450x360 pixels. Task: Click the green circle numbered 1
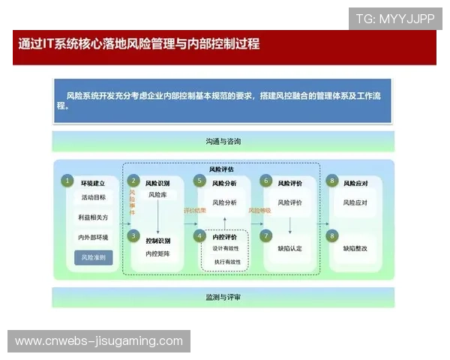pyautogui.click(x=67, y=181)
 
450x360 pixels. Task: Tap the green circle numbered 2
pyautogui.click(x=133, y=181)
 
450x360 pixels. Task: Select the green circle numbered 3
pyautogui.click(x=133, y=235)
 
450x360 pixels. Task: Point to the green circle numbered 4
pyautogui.click(x=199, y=235)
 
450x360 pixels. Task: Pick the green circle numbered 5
pyautogui.click(x=199, y=181)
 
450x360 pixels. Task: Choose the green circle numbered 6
pyautogui.click(x=265, y=181)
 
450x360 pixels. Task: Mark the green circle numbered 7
pyautogui.click(x=265, y=235)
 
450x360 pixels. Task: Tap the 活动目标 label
pyautogui.click(x=94, y=198)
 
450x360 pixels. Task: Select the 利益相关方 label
pyautogui.click(x=94, y=217)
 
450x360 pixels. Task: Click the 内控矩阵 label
pyautogui.click(x=158, y=253)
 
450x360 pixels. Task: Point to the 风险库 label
pyautogui.click(x=157, y=195)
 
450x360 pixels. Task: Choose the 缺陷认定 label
pyautogui.click(x=289, y=248)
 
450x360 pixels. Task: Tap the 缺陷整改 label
pyautogui.click(x=355, y=248)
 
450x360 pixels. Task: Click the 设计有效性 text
pyautogui.click(x=226, y=248)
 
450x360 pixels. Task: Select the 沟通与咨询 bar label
pyautogui.click(x=223, y=141)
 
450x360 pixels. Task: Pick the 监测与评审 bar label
pyautogui.click(x=223, y=297)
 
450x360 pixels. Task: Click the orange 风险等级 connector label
pyautogui.click(x=259, y=211)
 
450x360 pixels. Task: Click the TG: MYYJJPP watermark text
pyautogui.click(x=394, y=19)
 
